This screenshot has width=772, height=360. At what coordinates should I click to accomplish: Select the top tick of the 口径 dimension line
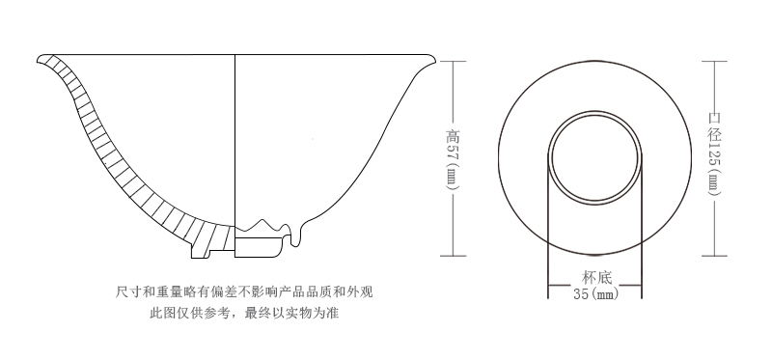pos(714,61)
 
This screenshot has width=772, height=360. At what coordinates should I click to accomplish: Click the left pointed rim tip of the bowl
pos(40,56)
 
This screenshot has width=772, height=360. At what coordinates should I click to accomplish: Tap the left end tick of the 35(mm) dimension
pos(548,287)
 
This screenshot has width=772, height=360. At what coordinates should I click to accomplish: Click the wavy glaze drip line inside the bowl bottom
pos(275,228)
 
